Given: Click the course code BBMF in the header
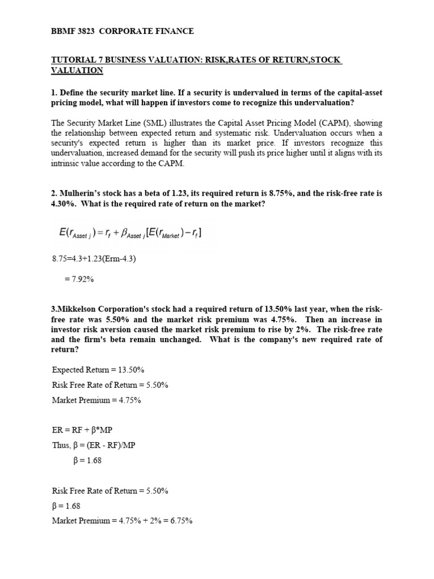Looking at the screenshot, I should (63, 31).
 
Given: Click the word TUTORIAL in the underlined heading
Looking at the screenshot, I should (72, 61).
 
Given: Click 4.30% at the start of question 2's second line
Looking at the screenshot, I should (63, 204).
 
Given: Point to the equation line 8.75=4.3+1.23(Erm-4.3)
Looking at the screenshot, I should (94, 259).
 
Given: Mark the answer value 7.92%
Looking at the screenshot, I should (78, 279).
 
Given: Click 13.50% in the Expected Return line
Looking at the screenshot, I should (132, 370).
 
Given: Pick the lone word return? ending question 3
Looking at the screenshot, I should (65, 350).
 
